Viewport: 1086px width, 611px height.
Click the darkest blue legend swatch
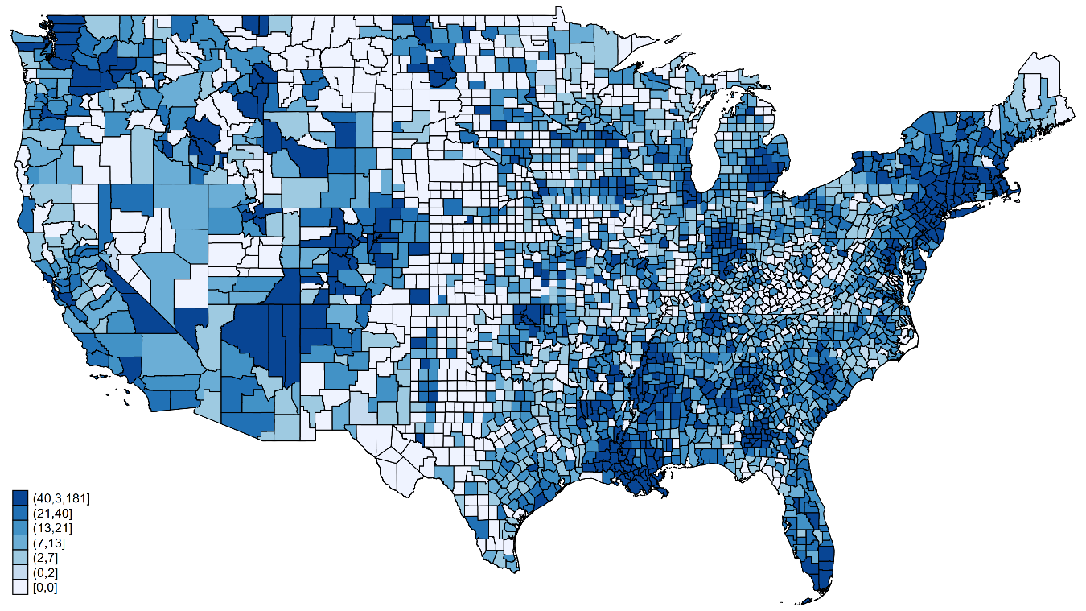point(19,497)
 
